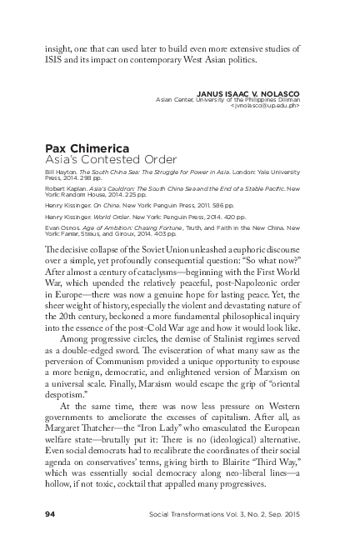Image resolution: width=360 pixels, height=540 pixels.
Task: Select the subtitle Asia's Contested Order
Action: (99, 159)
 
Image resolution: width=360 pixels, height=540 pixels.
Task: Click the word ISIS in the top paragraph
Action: (56, 61)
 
